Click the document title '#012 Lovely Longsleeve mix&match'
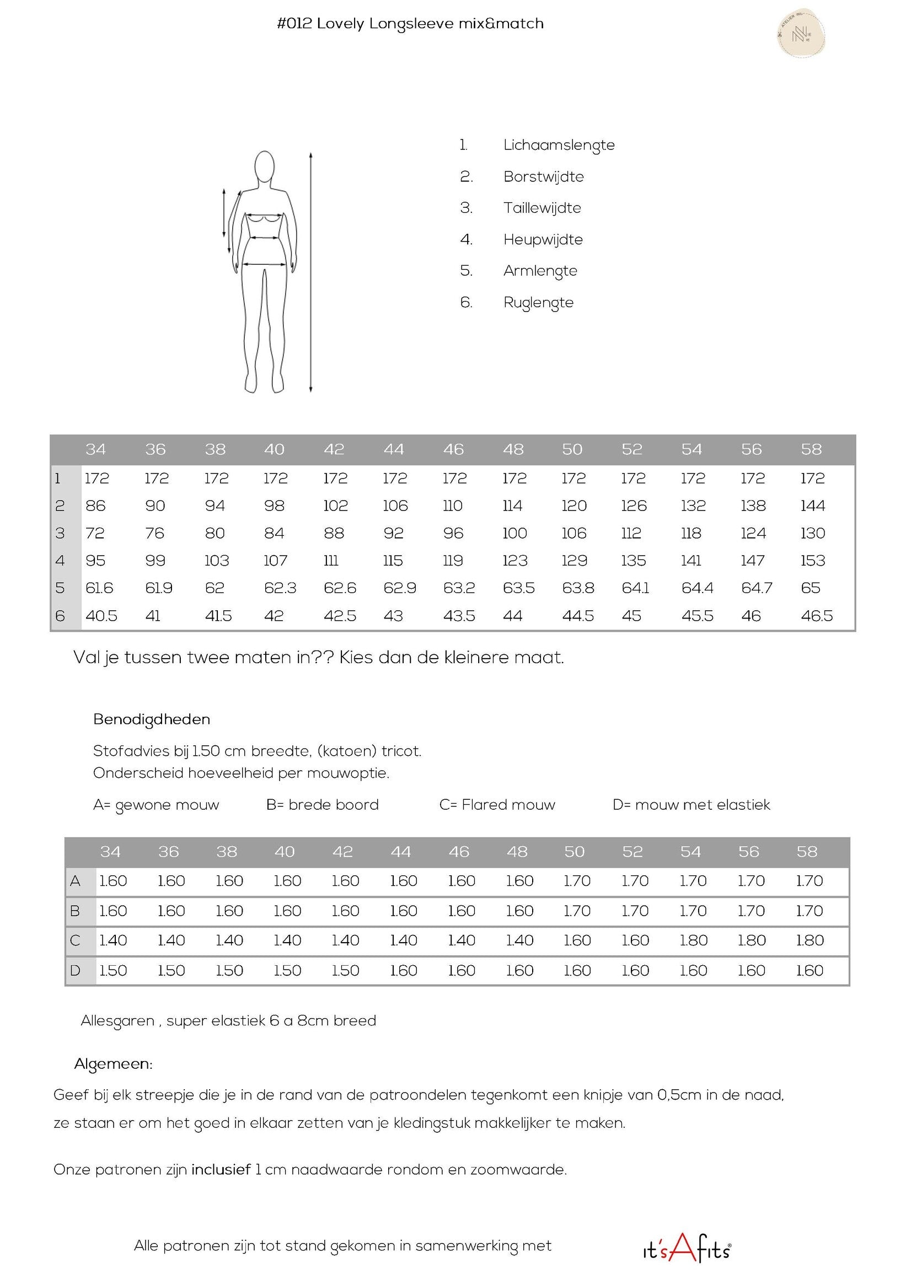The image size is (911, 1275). tap(410, 24)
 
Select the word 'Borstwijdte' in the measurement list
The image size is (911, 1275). tap(543, 176)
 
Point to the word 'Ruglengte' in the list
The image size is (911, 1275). tap(538, 303)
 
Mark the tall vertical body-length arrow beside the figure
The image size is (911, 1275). tap(311, 272)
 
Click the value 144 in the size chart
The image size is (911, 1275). tap(812, 505)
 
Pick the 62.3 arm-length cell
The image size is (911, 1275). tap(280, 588)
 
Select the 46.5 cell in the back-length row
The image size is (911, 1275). tap(816, 616)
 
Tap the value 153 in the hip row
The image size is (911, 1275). tap(812, 561)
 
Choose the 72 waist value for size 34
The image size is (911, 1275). tap(95, 533)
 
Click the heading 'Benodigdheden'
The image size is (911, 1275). tap(152, 719)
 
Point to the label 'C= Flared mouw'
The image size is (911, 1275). tap(497, 805)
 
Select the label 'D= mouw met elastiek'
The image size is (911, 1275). tap(691, 805)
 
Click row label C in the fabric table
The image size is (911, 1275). tap(75, 940)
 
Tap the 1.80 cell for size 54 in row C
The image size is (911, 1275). tap(693, 940)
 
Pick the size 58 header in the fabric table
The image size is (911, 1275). tap(807, 852)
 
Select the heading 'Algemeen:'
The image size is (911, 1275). tap(113, 1064)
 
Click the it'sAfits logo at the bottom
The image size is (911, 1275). tap(687, 1247)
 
